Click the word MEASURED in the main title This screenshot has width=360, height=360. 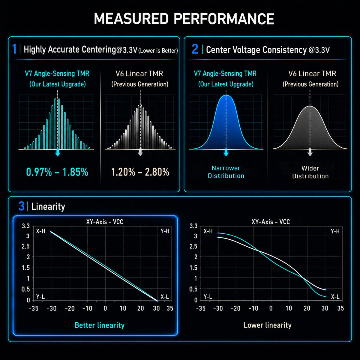pyautogui.click(x=131, y=19)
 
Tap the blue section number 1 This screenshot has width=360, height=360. pyautogui.click(x=14, y=49)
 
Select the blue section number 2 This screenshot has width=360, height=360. pyautogui.click(x=195, y=49)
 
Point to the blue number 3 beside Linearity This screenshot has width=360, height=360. pyautogui.click(x=22, y=206)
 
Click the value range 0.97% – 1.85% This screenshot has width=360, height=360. pyautogui.click(x=57, y=172)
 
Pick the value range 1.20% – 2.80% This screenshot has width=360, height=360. pyautogui.click(x=140, y=172)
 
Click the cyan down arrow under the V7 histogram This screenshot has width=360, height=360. pyautogui.click(x=58, y=152)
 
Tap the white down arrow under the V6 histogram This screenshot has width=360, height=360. pyautogui.click(x=140, y=152)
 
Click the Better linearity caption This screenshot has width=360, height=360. pyautogui.click(x=100, y=325)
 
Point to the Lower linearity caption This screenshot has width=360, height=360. pyautogui.click(x=268, y=325)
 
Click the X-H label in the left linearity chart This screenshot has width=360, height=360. pyautogui.click(x=41, y=231)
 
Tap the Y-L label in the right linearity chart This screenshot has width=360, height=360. pyautogui.click(x=208, y=297)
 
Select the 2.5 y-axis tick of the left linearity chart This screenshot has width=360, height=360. pyautogui.click(x=25, y=246)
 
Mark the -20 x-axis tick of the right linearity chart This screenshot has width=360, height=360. pyautogui.click(x=235, y=308)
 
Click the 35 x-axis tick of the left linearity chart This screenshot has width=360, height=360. pyautogui.click(x=170, y=308)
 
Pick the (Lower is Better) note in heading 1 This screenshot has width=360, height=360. pyautogui.click(x=158, y=51)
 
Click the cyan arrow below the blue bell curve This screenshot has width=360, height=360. pyautogui.click(x=226, y=152)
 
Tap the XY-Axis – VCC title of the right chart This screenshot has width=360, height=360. pyautogui.click(x=271, y=222)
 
